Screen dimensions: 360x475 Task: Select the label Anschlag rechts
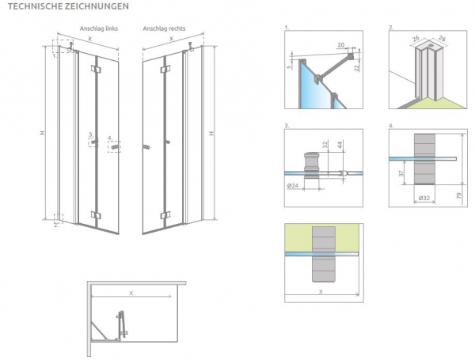[x=164, y=29]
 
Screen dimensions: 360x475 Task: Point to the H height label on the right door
[x=211, y=132]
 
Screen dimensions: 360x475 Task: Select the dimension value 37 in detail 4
[x=402, y=172]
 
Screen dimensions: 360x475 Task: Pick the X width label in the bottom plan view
[x=131, y=292]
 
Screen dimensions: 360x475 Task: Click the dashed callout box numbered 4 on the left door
[x=115, y=146]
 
